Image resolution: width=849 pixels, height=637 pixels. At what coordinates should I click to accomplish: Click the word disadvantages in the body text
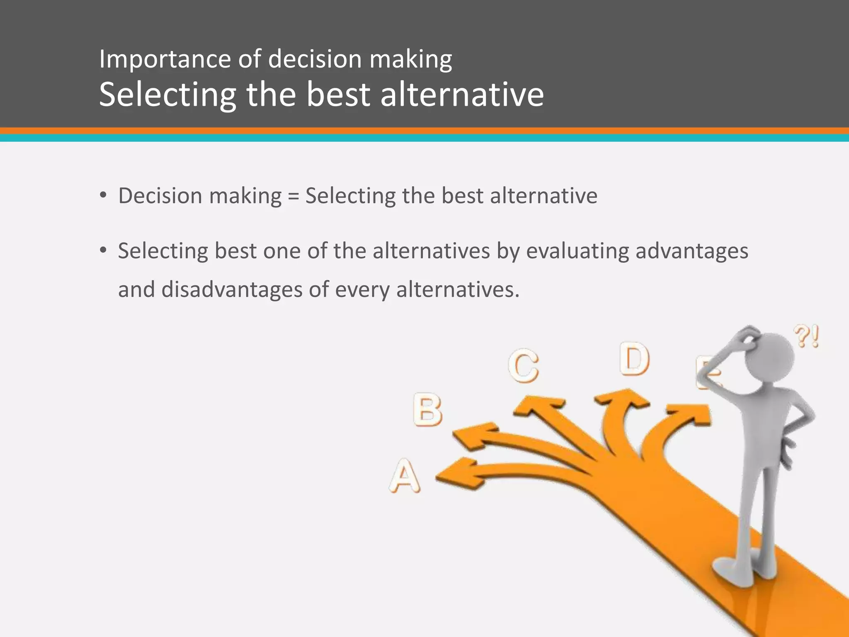point(232,289)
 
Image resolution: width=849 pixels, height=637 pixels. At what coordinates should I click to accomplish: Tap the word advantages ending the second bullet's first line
point(691,251)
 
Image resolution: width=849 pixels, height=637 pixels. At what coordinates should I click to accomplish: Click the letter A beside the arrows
point(405,476)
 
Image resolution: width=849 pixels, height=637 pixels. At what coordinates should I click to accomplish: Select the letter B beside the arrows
point(427,410)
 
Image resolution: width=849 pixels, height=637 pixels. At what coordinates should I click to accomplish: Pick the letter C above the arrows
point(524,365)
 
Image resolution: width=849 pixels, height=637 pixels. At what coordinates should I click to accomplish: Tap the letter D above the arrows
point(634,359)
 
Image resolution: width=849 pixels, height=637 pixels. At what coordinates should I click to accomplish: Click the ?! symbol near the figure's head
point(806,336)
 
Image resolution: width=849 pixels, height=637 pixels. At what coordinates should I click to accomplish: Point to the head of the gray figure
point(770,357)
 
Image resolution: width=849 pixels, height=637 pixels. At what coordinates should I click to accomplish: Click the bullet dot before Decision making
point(103,195)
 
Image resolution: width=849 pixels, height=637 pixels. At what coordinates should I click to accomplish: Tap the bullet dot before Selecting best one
point(103,250)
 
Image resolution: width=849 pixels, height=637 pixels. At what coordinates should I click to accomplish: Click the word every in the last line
point(362,289)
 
